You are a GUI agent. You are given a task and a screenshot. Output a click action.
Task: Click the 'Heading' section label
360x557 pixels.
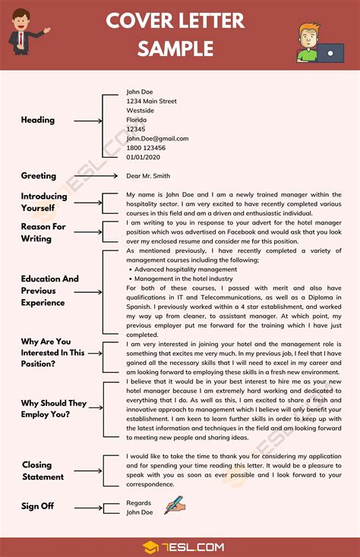[38, 120]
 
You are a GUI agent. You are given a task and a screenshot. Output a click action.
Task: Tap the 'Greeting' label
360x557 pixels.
[39, 176]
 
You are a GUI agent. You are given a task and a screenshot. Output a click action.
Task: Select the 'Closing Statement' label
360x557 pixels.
[43, 470]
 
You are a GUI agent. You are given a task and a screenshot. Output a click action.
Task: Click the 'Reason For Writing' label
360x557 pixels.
[43, 232]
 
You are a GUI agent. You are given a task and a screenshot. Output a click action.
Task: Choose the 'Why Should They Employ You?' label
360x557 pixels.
[53, 409]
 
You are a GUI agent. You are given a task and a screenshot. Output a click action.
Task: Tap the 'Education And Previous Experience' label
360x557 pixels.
[49, 291]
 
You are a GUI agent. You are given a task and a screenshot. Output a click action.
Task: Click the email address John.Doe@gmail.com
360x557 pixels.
[157, 139]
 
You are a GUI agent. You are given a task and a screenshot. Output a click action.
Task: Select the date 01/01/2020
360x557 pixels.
[144, 157]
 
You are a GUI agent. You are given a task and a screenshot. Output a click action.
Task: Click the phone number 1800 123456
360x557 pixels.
[146, 148]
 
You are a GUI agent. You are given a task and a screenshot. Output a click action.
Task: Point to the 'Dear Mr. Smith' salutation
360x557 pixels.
[149, 176]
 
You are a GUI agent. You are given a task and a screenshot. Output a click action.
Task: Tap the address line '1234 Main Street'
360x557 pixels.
[151, 101]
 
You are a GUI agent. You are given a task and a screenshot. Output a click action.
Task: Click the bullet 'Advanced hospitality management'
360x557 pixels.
[186, 269]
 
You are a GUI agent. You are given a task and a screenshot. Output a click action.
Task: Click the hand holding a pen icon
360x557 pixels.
[175, 505]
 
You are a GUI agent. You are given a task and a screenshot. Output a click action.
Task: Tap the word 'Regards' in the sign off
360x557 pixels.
[139, 502]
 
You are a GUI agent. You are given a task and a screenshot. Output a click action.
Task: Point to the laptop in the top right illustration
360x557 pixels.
[329, 54]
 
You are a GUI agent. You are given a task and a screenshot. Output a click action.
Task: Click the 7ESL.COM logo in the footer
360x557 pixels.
[180, 546]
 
